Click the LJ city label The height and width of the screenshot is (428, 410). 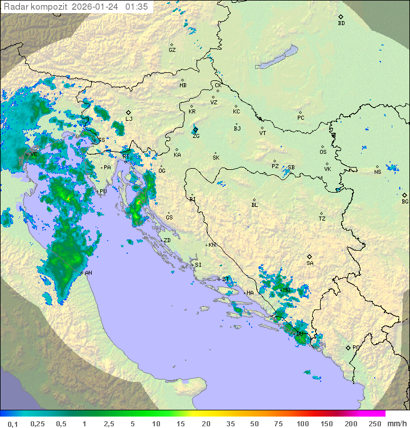129,119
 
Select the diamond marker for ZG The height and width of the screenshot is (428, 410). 195,130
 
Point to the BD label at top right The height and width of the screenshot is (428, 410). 341,23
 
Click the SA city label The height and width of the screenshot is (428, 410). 310,263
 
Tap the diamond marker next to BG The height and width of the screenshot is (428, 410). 405,194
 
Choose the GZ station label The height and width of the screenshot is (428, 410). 172,50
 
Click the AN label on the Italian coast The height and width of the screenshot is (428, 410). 89,273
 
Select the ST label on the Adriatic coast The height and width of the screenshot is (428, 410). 226,279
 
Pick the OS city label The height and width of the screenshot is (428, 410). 323,152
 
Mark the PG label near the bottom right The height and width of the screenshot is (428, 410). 356,347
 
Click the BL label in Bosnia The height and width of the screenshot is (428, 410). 255,205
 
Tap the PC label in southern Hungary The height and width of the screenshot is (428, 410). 301,118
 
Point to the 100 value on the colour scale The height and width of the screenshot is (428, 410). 302,423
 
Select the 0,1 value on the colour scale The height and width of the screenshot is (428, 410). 12,423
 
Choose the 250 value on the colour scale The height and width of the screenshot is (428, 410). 375,423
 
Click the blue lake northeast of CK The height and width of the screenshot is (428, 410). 278,58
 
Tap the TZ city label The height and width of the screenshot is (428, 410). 322,219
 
